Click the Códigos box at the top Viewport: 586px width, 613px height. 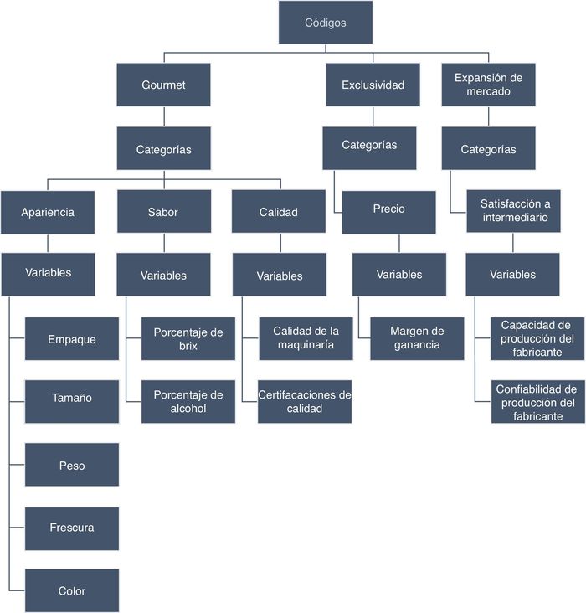pyautogui.click(x=325, y=23)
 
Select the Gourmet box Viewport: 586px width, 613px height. pyautogui.click(x=163, y=85)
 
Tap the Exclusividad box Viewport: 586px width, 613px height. pyautogui.click(x=373, y=85)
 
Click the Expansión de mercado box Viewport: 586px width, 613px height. pyautogui.click(x=488, y=85)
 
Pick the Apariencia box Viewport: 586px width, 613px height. pyautogui.click(x=48, y=212)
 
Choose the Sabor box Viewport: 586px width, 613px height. pyautogui.click(x=163, y=212)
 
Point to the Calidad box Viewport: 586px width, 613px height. pyautogui.click(x=279, y=212)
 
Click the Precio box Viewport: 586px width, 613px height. pyautogui.click(x=388, y=209)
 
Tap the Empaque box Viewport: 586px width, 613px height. pyautogui.click(x=72, y=339)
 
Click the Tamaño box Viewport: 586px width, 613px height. pyautogui.click(x=72, y=398)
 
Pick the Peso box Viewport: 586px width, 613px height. pyautogui.click(x=72, y=465)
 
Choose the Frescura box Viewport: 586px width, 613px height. pyautogui.click(x=72, y=528)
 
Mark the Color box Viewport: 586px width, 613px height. pyautogui.click(x=72, y=590)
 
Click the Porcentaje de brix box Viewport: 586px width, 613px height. pyautogui.click(x=188, y=338)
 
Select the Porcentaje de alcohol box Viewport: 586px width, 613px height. pyautogui.click(x=188, y=401)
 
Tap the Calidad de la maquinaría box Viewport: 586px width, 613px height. pyautogui.click(x=305, y=337)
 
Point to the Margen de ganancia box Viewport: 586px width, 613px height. pyautogui.click(x=417, y=337)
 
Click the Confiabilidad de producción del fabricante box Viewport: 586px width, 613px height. pyautogui.click(x=537, y=402)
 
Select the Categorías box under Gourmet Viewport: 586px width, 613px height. pyautogui.click(x=163, y=150)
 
